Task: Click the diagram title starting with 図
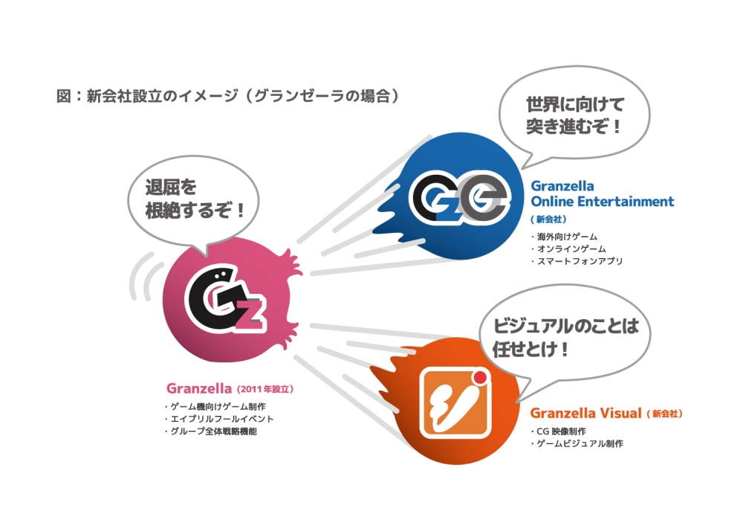(x=228, y=96)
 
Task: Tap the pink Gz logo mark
(x=224, y=301)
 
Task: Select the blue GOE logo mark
(x=460, y=197)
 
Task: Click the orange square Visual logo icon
(x=455, y=402)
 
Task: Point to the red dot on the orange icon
(x=480, y=377)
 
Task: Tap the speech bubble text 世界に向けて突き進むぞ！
(x=575, y=115)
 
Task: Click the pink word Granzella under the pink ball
(x=199, y=388)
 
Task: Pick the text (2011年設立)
(x=265, y=389)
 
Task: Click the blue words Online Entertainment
(x=603, y=202)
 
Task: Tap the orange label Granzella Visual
(x=585, y=413)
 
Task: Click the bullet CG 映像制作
(x=561, y=432)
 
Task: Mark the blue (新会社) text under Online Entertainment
(x=548, y=219)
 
